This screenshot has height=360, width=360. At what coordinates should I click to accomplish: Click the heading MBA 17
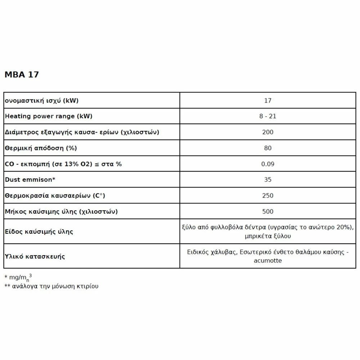click(22, 75)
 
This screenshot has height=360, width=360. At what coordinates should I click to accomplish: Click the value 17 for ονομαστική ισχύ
click(267, 101)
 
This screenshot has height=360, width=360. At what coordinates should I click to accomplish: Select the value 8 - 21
click(267, 116)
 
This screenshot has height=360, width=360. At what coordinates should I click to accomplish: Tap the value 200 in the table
click(267, 132)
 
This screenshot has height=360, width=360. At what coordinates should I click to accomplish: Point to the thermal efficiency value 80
click(267, 148)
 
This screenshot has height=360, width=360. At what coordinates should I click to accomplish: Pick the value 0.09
click(267, 164)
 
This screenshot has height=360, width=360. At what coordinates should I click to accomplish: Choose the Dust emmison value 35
click(267, 180)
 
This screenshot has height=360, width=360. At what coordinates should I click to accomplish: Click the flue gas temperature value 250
click(267, 195)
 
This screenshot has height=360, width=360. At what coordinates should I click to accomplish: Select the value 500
click(267, 211)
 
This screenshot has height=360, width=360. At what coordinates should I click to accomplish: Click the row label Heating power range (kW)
click(49, 116)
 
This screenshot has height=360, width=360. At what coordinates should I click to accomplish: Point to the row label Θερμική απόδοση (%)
click(41, 148)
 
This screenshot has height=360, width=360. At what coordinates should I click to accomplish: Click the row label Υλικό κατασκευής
click(35, 257)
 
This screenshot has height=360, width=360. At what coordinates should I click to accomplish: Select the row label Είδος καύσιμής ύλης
click(39, 231)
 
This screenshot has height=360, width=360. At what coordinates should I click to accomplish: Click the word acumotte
click(267, 261)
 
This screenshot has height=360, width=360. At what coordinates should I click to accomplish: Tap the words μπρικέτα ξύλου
click(267, 236)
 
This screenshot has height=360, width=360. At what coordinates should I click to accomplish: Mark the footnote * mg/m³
click(21, 278)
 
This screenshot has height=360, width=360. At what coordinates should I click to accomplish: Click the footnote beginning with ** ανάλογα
click(51, 287)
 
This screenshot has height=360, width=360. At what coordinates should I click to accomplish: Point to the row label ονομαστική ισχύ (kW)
click(41, 101)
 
